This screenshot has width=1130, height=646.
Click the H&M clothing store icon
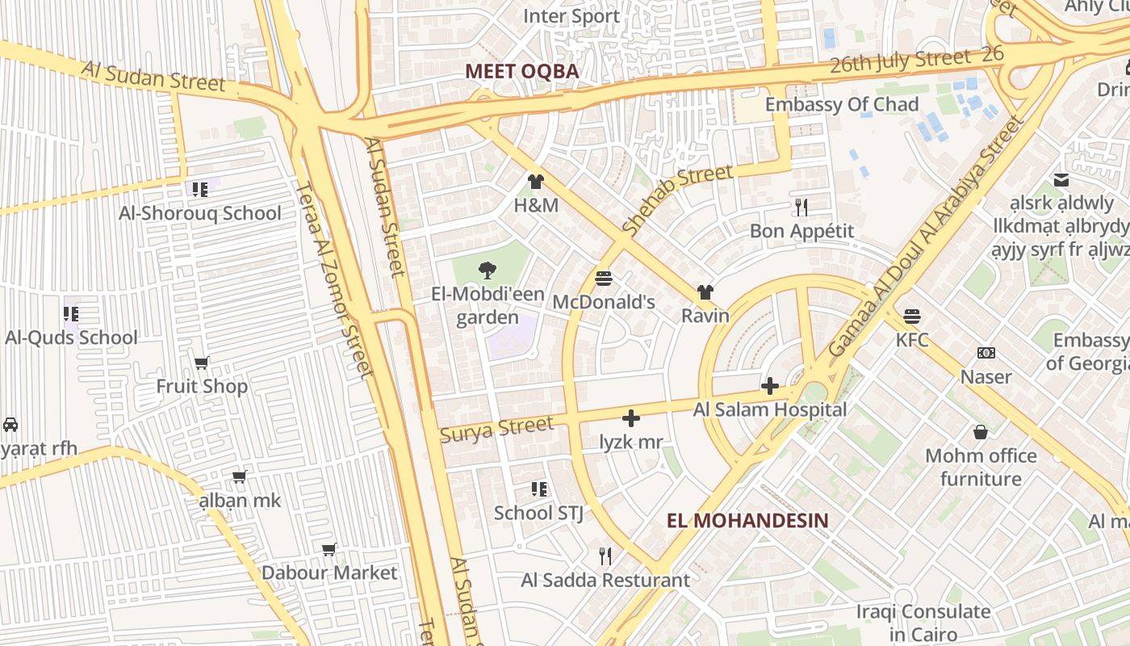coord(535,182)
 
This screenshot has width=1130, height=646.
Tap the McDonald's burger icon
coord(603,279)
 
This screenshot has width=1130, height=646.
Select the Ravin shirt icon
coord(705,292)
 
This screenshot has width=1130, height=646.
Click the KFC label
coord(912,339)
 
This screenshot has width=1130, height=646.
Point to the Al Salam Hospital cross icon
coord(770,386)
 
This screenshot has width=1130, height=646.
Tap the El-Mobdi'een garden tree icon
coord(487,271)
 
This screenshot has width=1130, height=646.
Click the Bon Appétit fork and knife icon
coord(801,208)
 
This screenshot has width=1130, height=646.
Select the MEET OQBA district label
coord(522,71)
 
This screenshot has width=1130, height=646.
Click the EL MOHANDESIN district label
coord(747,520)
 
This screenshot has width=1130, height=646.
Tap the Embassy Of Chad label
coord(842,104)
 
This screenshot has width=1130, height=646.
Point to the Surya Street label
coord(496,428)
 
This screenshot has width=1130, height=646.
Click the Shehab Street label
coord(677,199)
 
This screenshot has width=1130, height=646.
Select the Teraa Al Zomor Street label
coord(333,279)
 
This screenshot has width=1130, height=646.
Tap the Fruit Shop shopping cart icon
coord(201,363)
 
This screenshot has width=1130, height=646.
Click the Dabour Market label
coord(329,573)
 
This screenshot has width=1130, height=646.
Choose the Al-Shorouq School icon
coord(199,190)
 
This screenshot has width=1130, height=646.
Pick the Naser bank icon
coord(986,353)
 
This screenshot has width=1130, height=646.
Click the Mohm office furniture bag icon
coord(981,432)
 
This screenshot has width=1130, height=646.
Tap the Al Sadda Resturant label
coord(605,580)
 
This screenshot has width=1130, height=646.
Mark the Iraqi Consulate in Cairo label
coord(923,623)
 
